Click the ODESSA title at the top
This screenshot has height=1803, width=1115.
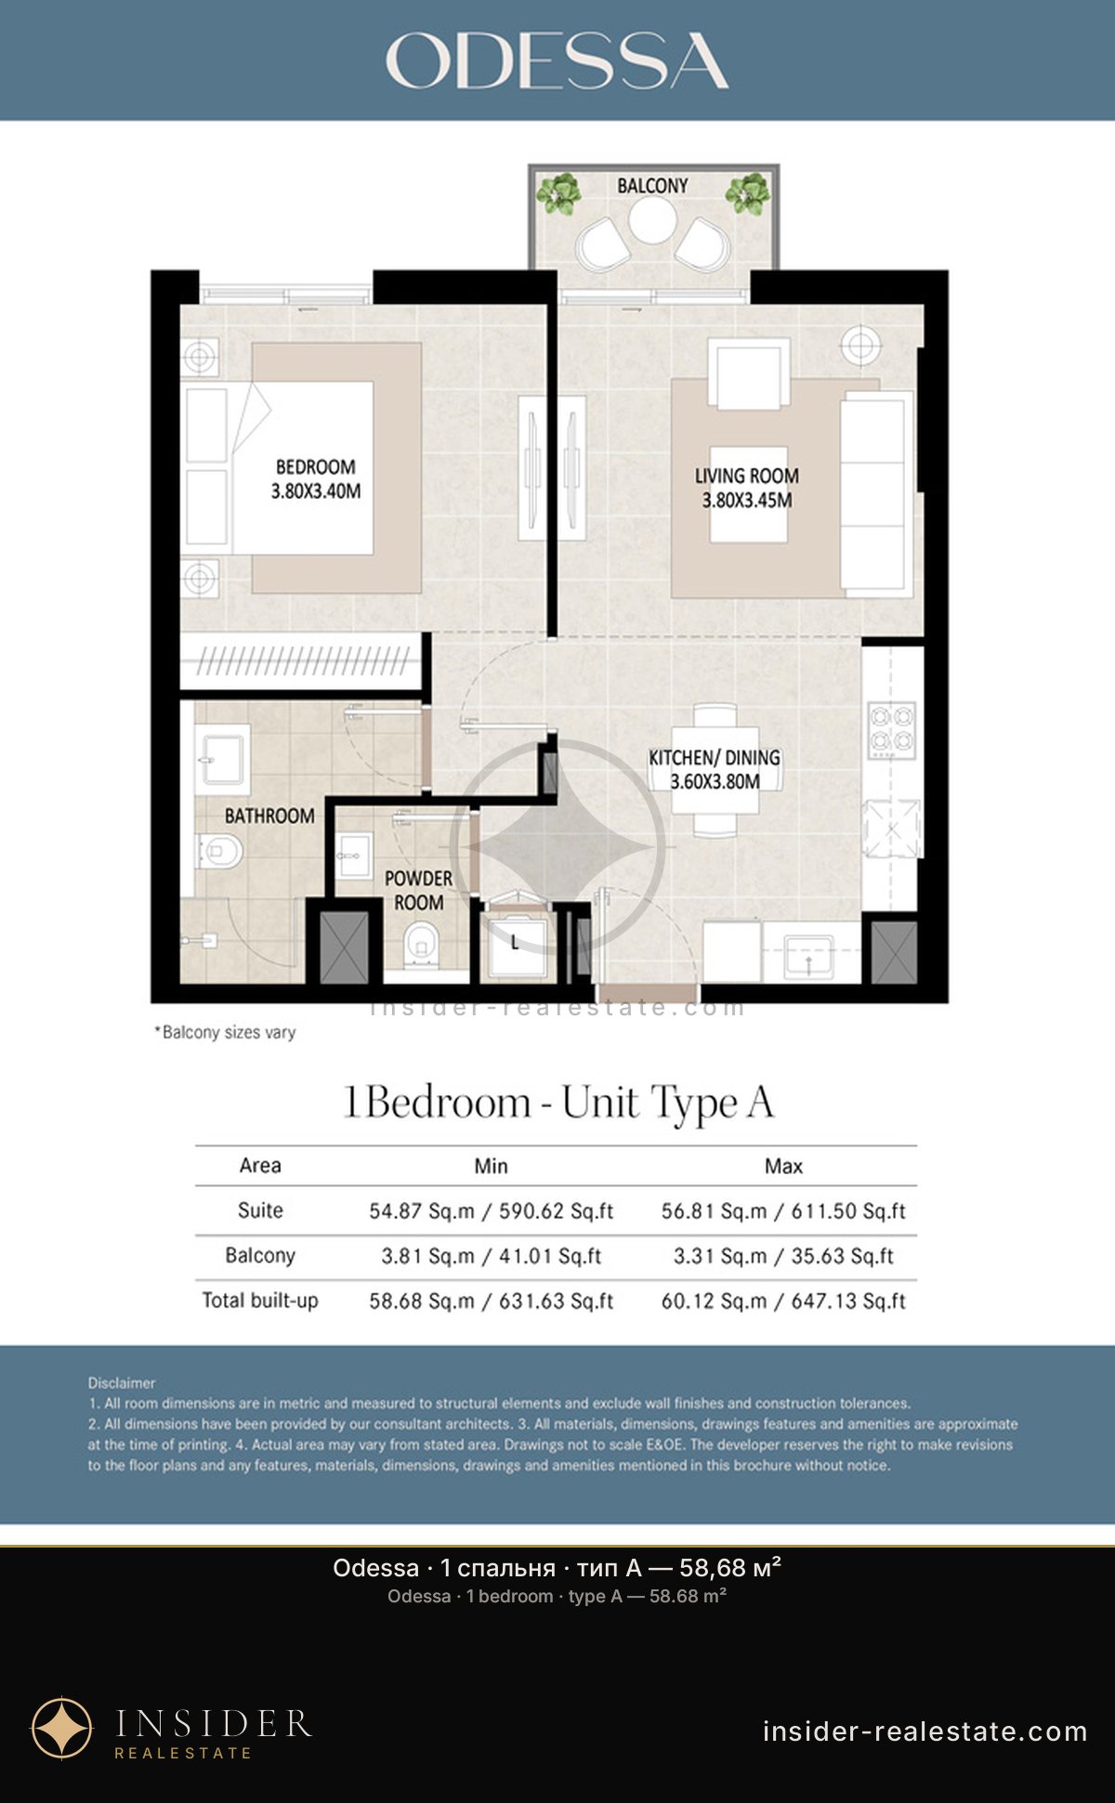(x=557, y=61)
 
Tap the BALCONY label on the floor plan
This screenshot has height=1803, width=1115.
(x=652, y=186)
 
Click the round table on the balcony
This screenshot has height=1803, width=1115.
(x=652, y=219)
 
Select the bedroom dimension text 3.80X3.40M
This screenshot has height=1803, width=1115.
(x=316, y=491)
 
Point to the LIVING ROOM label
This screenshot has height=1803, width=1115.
(x=747, y=476)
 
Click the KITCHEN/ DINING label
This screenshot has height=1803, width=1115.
(x=715, y=758)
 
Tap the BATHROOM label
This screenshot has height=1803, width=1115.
(x=269, y=816)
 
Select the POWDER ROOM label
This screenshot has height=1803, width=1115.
(x=419, y=890)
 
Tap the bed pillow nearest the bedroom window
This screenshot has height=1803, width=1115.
(x=206, y=425)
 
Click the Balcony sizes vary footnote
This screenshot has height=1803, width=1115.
(x=225, y=1032)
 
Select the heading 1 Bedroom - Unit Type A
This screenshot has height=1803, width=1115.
(x=557, y=1103)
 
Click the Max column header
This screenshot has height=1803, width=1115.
(x=783, y=1166)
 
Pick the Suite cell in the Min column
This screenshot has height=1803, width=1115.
(x=491, y=1210)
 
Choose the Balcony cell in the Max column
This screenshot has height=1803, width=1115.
(x=783, y=1256)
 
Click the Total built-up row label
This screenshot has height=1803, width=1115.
(x=260, y=1300)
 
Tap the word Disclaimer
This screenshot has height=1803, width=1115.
(x=122, y=1383)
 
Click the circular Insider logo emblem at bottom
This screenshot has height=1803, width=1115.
(x=62, y=1729)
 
